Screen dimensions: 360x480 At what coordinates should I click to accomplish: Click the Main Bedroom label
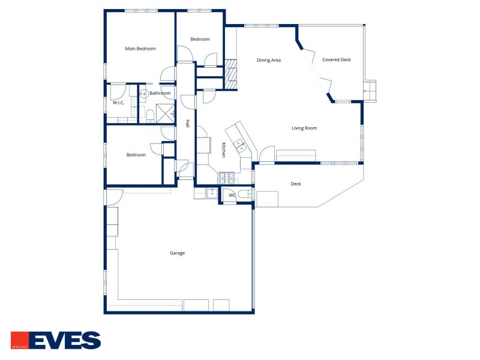[140, 49]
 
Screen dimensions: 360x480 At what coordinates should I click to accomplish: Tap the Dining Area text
[269, 60]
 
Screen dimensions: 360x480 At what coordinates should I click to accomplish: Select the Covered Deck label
[337, 60]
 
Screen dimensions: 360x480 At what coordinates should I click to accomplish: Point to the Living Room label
[304, 128]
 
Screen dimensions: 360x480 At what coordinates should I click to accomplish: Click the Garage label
[177, 253]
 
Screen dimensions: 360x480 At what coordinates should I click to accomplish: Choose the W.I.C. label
[118, 103]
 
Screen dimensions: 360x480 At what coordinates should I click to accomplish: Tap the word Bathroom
[160, 93]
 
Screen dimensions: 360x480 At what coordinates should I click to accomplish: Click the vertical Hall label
[187, 124]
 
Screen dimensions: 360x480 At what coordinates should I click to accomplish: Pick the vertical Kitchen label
[224, 150]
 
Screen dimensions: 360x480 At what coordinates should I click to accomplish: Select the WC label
[232, 195]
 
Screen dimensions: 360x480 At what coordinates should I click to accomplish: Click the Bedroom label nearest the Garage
[136, 155]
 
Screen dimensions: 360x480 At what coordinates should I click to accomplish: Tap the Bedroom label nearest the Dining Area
[200, 40]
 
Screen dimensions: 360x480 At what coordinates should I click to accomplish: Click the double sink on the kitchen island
[239, 145]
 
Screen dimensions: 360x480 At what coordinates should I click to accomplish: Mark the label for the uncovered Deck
[296, 184]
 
